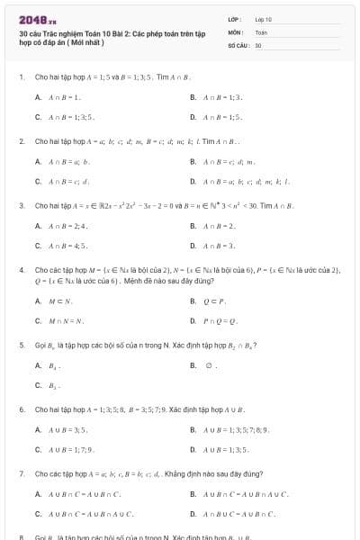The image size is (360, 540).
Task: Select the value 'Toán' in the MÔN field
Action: pyautogui.click(x=261, y=31)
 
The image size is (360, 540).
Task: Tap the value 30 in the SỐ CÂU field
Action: pyautogui.click(x=258, y=44)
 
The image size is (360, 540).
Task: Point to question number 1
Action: pyautogui.click(x=21, y=77)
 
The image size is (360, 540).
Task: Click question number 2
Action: pyautogui.click(x=21, y=141)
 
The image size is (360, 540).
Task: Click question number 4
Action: pyautogui.click(x=21, y=269)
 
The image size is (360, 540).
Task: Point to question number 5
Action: pyautogui.click(x=21, y=345)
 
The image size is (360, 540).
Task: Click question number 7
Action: pyautogui.click(x=21, y=473)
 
